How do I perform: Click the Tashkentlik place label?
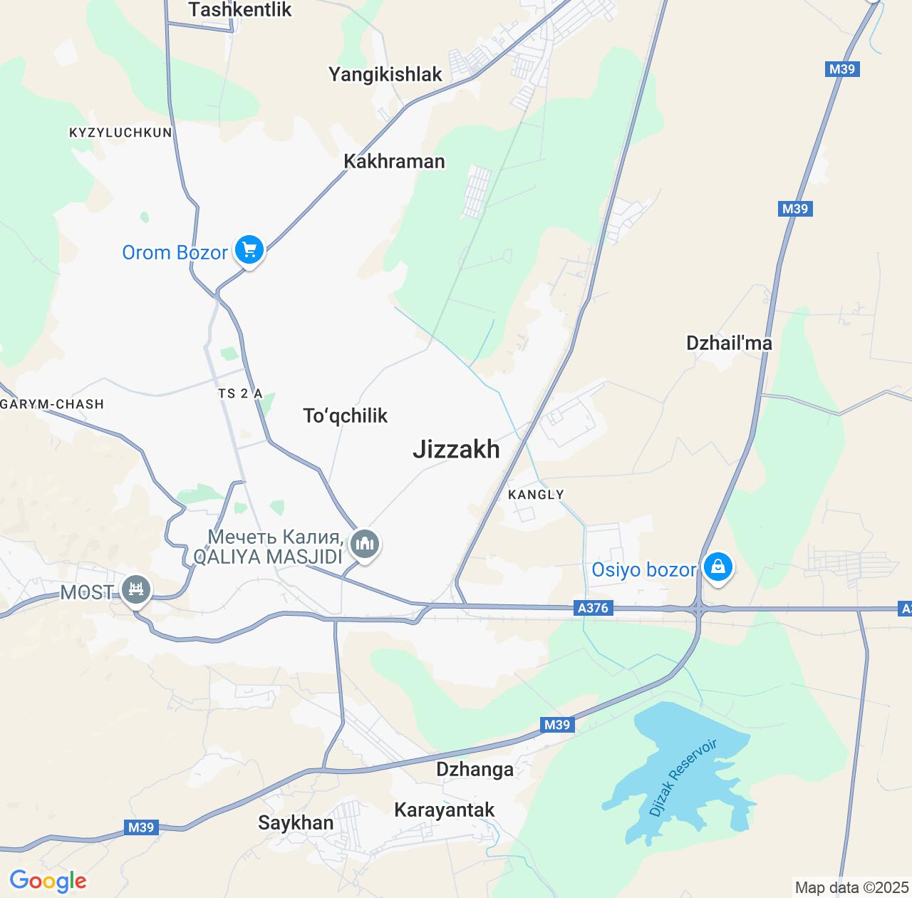pyautogui.click(x=240, y=10)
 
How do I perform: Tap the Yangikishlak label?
pyautogui.click(x=385, y=74)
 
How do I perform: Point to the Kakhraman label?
pyautogui.click(x=394, y=161)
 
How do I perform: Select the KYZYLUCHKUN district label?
pyautogui.click(x=120, y=133)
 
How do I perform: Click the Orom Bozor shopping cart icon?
pyautogui.click(x=249, y=250)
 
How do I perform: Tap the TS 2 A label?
pyautogui.click(x=240, y=393)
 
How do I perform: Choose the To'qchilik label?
pyautogui.click(x=345, y=416)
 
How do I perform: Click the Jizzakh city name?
pyautogui.click(x=456, y=449)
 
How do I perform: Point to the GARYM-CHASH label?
pyautogui.click(x=52, y=404)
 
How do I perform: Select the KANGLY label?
pyautogui.click(x=536, y=495)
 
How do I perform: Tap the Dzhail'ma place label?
pyautogui.click(x=729, y=343)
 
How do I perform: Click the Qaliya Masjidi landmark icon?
pyautogui.click(x=365, y=545)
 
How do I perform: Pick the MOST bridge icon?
pyautogui.click(x=135, y=589)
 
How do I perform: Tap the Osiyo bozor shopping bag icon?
pyautogui.click(x=717, y=567)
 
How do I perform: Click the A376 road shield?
pyautogui.click(x=593, y=609)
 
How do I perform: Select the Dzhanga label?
pyautogui.click(x=475, y=769)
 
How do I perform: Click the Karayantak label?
pyautogui.click(x=445, y=810)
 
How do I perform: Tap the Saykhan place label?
pyautogui.click(x=296, y=822)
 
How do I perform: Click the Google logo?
pyautogui.click(x=48, y=881)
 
